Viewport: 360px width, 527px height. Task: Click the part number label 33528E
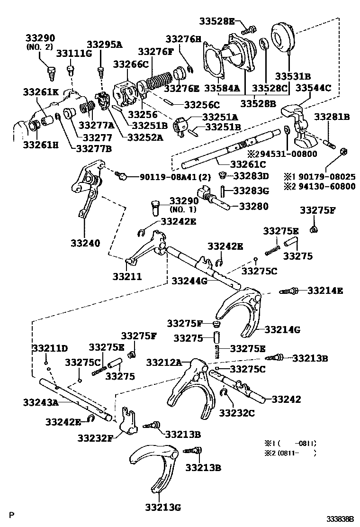click(216, 21)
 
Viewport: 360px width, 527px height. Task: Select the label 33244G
click(189, 281)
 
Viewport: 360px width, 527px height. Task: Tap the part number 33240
click(86, 243)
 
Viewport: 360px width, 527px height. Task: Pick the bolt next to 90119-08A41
click(121, 176)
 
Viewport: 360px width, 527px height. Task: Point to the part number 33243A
click(40, 402)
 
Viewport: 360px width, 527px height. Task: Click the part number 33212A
click(163, 362)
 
